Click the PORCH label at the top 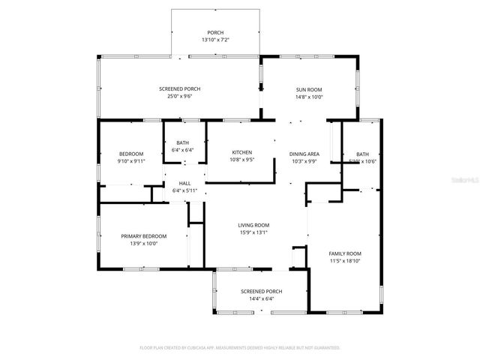pyautogui.click(x=215, y=32)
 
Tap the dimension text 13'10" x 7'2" pyautogui.click(x=215, y=40)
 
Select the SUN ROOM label pyautogui.click(x=309, y=89)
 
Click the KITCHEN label pyautogui.click(x=241, y=152)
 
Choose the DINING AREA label pyautogui.click(x=304, y=154)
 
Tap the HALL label pyautogui.click(x=184, y=183)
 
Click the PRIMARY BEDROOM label pyautogui.click(x=144, y=235)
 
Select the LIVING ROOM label pyautogui.click(x=253, y=225)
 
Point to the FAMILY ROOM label pyautogui.click(x=345, y=253)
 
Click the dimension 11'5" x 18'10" pyautogui.click(x=345, y=260)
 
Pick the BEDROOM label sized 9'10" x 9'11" pyautogui.click(x=130, y=154)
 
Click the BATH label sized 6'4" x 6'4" pyautogui.click(x=183, y=142)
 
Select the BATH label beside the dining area pyautogui.click(x=363, y=154)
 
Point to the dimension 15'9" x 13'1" pyautogui.click(x=253, y=232)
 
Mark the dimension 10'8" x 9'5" pyautogui.click(x=241, y=160)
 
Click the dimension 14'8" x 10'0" pyautogui.click(x=309, y=97)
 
